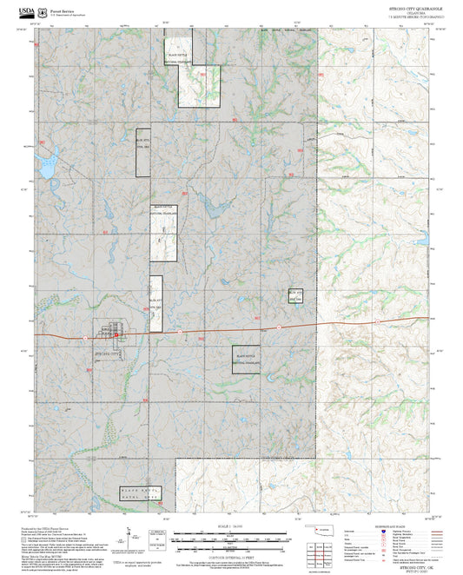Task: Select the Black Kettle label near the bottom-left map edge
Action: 140,492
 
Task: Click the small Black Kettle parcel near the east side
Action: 296,294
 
